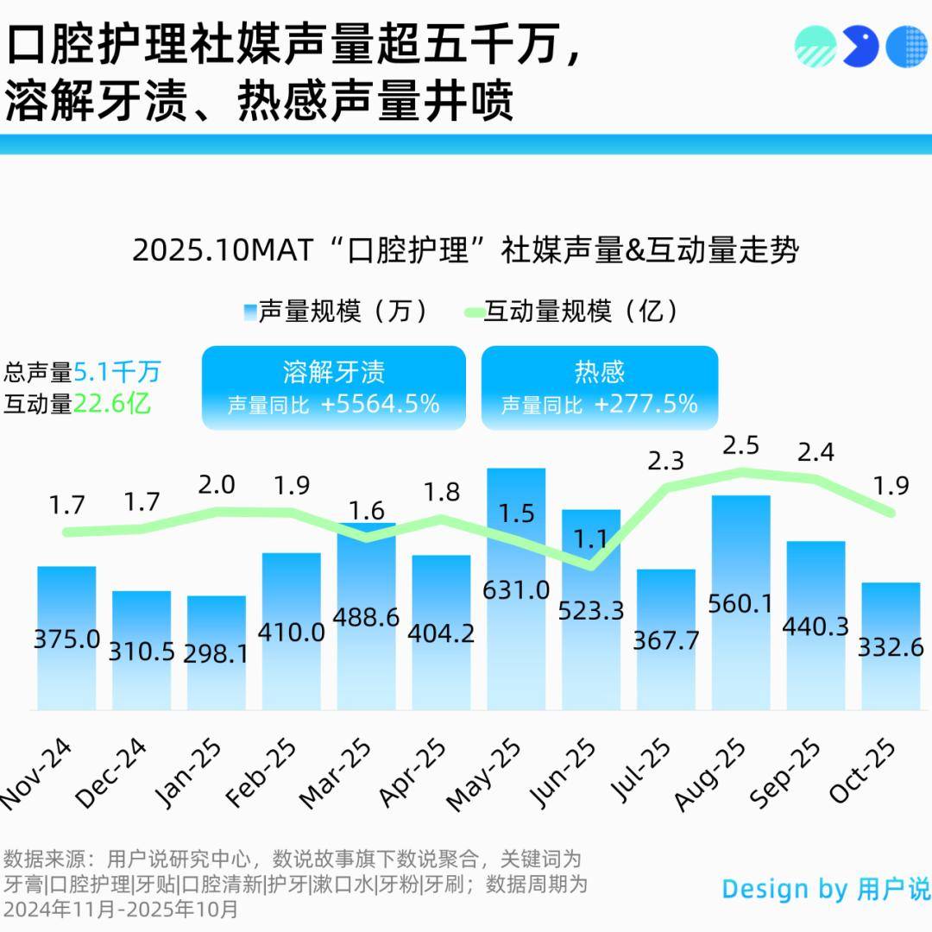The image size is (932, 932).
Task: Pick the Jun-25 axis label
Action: [563, 772]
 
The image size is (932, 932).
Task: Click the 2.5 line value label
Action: [740, 446]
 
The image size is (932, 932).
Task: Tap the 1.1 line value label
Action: [591, 539]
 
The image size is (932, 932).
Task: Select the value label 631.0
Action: [516, 590]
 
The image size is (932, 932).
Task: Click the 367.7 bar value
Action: [666, 640]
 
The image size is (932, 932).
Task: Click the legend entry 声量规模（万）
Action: [337, 312]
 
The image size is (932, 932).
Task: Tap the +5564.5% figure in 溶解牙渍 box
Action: [380, 403]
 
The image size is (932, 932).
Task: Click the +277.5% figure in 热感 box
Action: [645, 403]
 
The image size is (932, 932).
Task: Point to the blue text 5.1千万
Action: [117, 373]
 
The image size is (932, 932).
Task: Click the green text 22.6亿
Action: [111, 403]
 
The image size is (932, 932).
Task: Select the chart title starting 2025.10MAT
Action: [465, 251]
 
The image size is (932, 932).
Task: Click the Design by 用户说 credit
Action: [825, 889]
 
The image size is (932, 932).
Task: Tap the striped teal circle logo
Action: [815, 46]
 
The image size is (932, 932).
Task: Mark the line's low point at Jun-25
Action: [591, 566]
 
